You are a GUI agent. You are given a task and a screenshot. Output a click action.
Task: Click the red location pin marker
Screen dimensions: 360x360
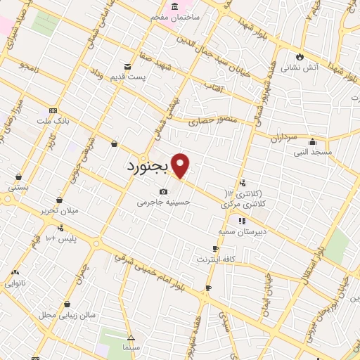point(181,165)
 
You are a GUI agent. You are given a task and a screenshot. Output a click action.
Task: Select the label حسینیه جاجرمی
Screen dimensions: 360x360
point(164,202)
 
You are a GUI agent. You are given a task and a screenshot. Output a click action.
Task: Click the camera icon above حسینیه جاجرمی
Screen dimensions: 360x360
point(164,191)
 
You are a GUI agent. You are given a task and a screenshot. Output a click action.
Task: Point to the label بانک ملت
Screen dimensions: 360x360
point(53,122)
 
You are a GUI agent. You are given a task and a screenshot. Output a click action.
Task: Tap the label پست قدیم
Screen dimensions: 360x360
point(128,77)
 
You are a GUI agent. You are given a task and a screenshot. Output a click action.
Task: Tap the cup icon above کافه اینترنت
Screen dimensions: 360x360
point(215,249)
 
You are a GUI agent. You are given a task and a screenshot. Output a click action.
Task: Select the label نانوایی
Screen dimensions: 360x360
point(19,283)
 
